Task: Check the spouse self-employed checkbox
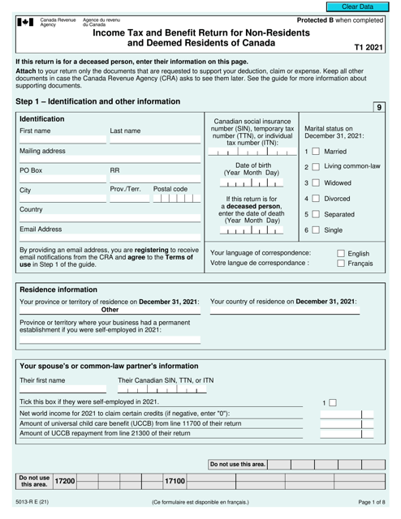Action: pyautogui.click(x=329, y=402)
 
